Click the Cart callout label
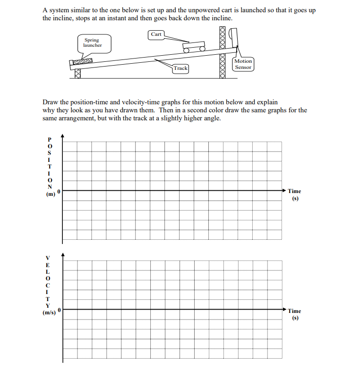click(x=156, y=34)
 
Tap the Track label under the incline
click(x=180, y=68)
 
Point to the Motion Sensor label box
click(x=243, y=64)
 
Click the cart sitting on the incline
click(x=194, y=47)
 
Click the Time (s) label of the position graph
click(x=294, y=194)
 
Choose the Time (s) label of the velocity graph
click(x=294, y=314)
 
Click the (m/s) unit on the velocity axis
click(x=49, y=313)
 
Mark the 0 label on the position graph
click(x=59, y=191)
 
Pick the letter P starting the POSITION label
click(x=47, y=139)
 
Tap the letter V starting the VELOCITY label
click(x=47, y=258)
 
